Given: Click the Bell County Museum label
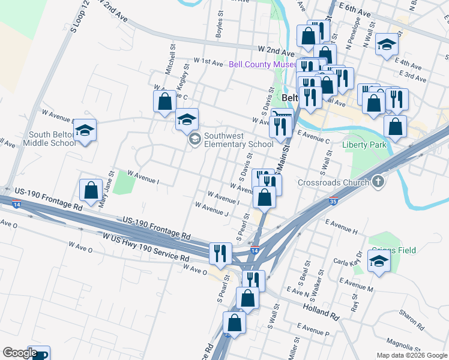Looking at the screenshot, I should point(262,64).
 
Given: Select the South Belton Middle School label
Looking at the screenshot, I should point(50,139).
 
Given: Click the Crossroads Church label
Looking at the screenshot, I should point(334,182).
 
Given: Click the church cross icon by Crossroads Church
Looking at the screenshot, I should point(378,181).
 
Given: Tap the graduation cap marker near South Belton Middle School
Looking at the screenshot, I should point(85,130).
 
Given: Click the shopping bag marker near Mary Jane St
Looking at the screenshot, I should point(91,190).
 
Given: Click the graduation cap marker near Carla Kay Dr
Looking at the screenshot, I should point(379,261).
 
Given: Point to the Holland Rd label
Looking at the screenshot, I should point(321,313).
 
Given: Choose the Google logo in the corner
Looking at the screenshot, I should point(19,353).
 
